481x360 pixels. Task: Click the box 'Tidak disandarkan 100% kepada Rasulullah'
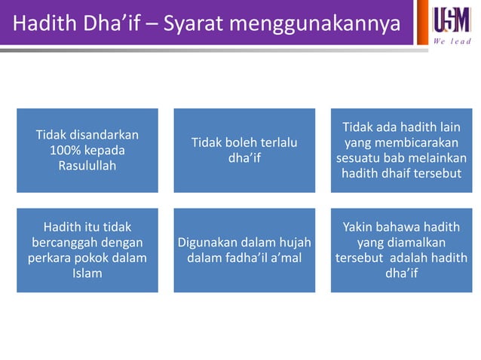point(87,151)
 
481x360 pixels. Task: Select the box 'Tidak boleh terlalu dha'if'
point(244,151)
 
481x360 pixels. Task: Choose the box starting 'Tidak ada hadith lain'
point(401,151)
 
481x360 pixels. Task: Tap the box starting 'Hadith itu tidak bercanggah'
point(87,250)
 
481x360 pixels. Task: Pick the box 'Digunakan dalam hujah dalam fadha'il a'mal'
point(244,250)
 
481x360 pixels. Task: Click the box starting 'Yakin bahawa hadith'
point(401,250)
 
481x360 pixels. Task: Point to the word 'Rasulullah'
point(87,166)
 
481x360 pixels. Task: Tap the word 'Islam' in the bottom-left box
point(87,273)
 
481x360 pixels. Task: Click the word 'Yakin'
point(360,227)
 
